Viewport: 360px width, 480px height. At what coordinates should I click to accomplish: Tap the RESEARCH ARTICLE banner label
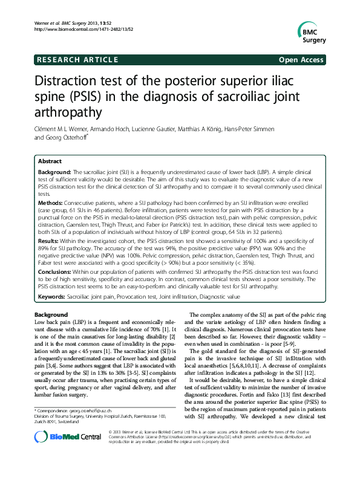tap(77, 60)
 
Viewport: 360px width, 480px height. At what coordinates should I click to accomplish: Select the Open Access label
tap(302, 60)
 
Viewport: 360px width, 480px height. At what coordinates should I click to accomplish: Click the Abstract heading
tap(50, 162)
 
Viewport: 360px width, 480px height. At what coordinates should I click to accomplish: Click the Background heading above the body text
tap(51, 315)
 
